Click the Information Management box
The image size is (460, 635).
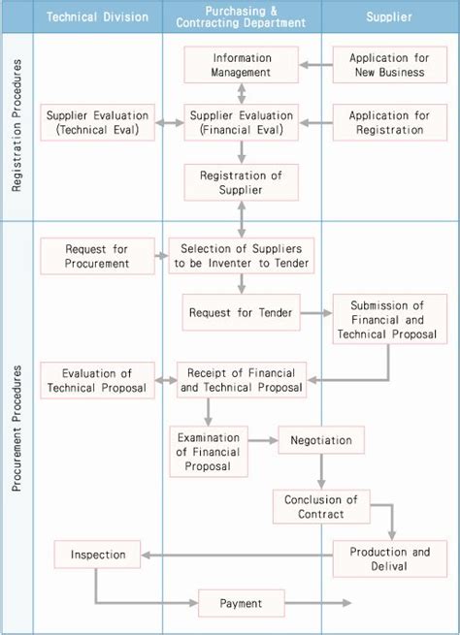242,65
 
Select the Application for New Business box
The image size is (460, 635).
387,65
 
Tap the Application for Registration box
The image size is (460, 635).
387,123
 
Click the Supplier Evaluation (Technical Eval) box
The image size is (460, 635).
98,123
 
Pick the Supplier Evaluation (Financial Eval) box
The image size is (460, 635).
242,123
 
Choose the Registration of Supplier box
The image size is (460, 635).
242,182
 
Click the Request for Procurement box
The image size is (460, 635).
97,256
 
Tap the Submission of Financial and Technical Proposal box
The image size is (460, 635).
389,320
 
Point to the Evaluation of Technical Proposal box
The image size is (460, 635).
97,381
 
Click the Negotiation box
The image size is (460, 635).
321,440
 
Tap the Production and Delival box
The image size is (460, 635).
389,559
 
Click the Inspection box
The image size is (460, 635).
98,556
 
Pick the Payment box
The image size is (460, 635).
241,603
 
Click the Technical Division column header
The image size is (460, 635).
97,16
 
